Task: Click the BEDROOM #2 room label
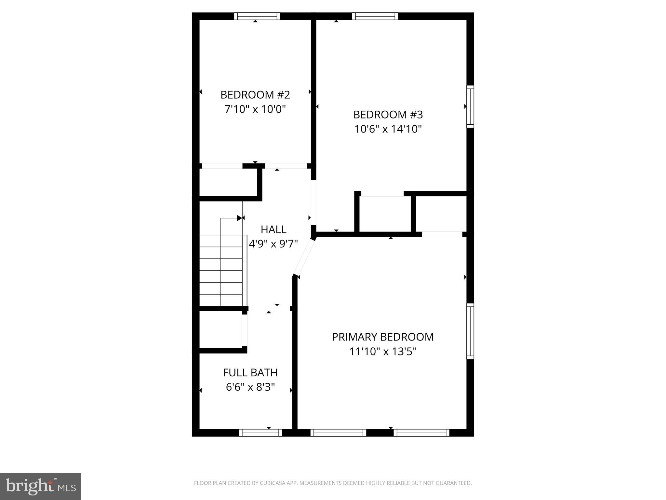tap(255, 95)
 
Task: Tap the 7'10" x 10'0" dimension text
tap(255, 109)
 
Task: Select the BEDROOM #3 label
tap(388, 115)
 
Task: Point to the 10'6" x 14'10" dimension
tap(388, 129)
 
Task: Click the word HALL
tap(273, 229)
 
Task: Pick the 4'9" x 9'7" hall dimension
tap(273, 244)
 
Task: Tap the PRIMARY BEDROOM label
tap(383, 337)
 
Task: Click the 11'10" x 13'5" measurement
tap(383, 352)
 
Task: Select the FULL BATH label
tap(250, 372)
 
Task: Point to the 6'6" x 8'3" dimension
tap(250, 387)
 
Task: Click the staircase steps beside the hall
tap(221, 270)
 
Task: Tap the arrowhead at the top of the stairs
tap(240, 218)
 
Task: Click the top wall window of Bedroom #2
tap(257, 16)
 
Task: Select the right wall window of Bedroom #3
tap(470, 106)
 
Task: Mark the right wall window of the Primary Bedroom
tap(470, 331)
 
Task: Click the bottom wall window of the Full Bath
tap(260, 433)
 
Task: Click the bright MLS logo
tap(41, 487)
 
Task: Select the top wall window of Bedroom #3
tap(375, 16)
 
